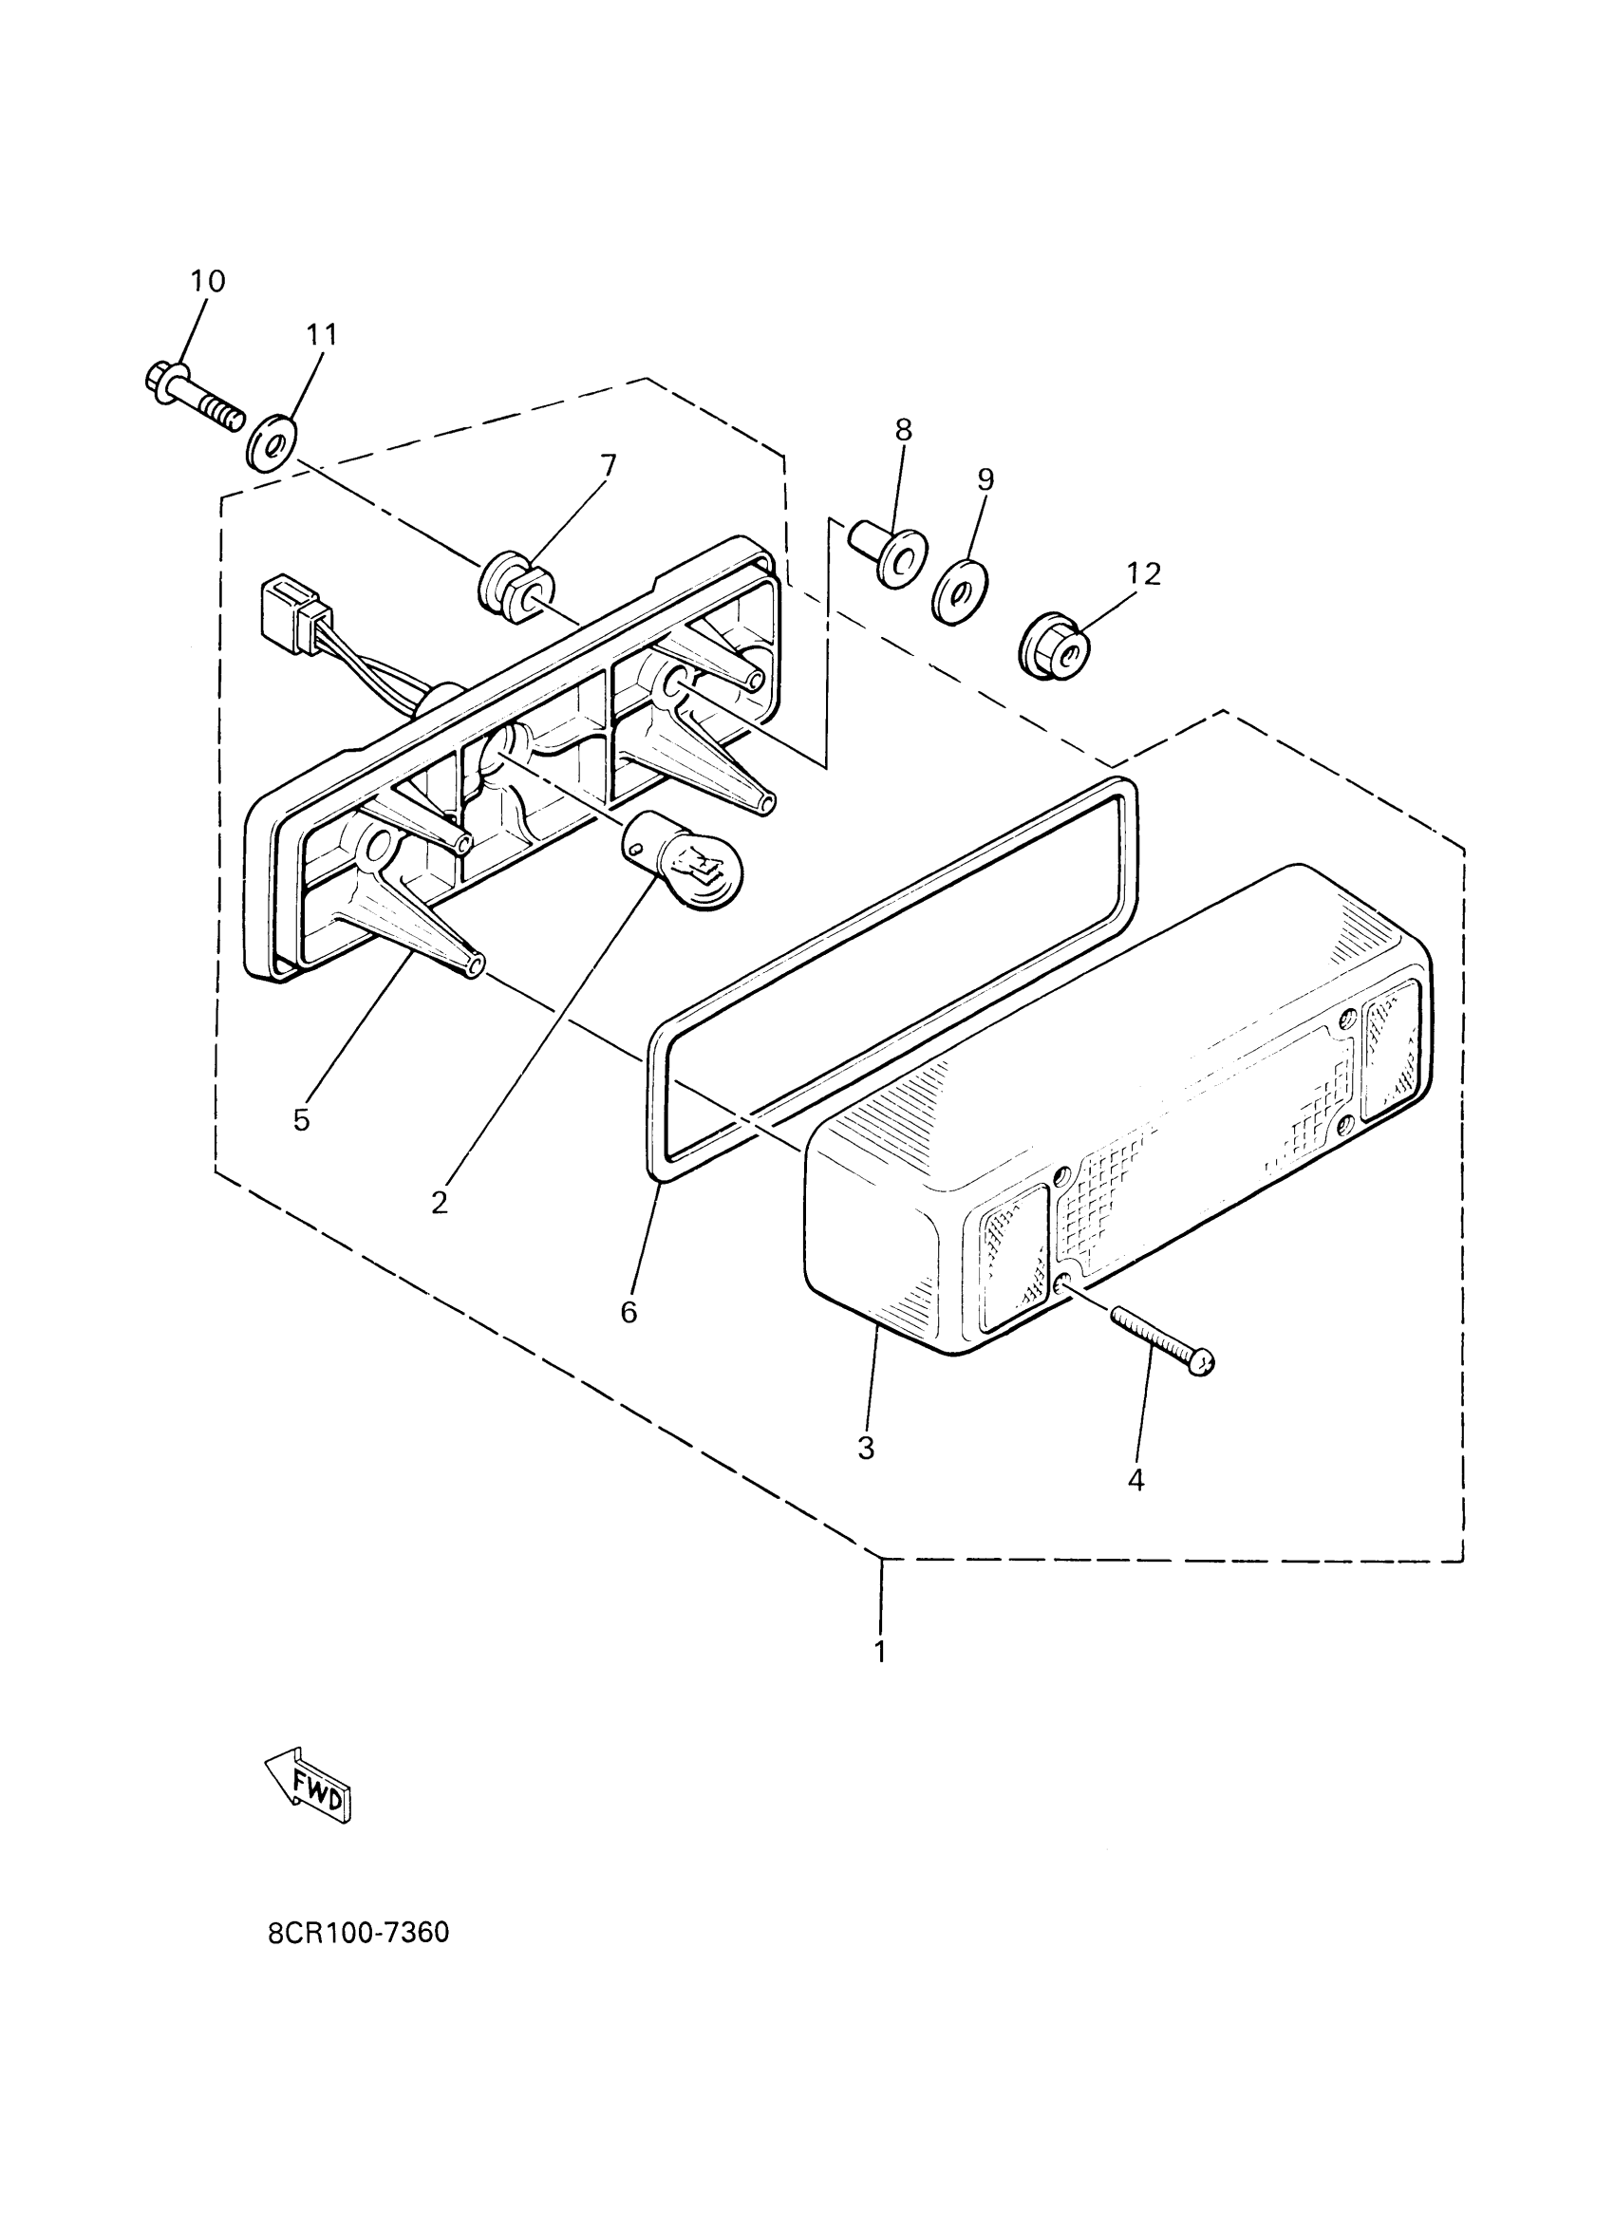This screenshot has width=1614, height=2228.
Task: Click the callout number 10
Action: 207,281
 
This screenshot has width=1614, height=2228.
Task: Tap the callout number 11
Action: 321,335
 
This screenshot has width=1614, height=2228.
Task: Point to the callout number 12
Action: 1143,573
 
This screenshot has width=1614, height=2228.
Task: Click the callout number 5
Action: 301,1120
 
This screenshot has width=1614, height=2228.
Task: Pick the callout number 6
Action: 629,1312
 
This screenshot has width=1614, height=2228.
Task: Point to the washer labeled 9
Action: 957,593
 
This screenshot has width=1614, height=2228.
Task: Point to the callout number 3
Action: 866,1448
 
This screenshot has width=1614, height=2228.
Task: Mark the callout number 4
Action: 1136,1480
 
